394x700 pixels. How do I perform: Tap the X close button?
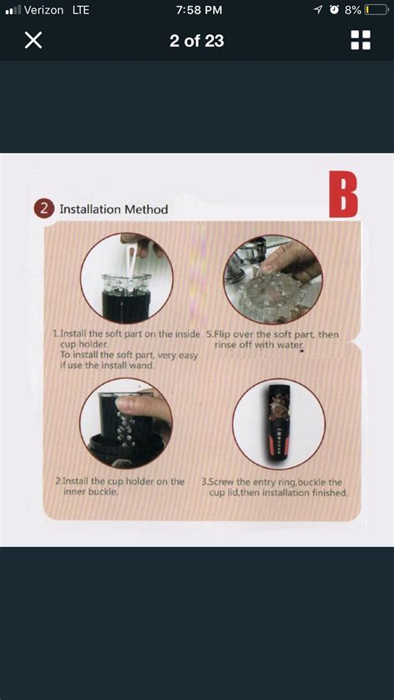pyautogui.click(x=33, y=40)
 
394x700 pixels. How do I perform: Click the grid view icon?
pyautogui.click(x=361, y=40)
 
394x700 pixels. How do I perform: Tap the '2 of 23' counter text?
pyautogui.click(x=197, y=41)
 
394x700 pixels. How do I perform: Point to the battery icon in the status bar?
pyautogui.click(x=377, y=10)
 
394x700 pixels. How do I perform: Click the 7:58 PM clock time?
pyautogui.click(x=199, y=10)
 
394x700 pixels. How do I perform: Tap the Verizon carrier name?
pyautogui.click(x=44, y=10)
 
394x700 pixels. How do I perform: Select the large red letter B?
pyautogui.click(x=343, y=195)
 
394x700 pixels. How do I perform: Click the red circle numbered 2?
pyautogui.click(x=44, y=209)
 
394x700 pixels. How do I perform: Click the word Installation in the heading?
pyautogui.click(x=90, y=209)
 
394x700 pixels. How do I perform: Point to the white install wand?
pyautogui.click(x=132, y=264)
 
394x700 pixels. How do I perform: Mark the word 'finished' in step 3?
pyautogui.click(x=329, y=493)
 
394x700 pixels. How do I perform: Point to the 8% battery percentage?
pyautogui.click(x=352, y=10)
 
